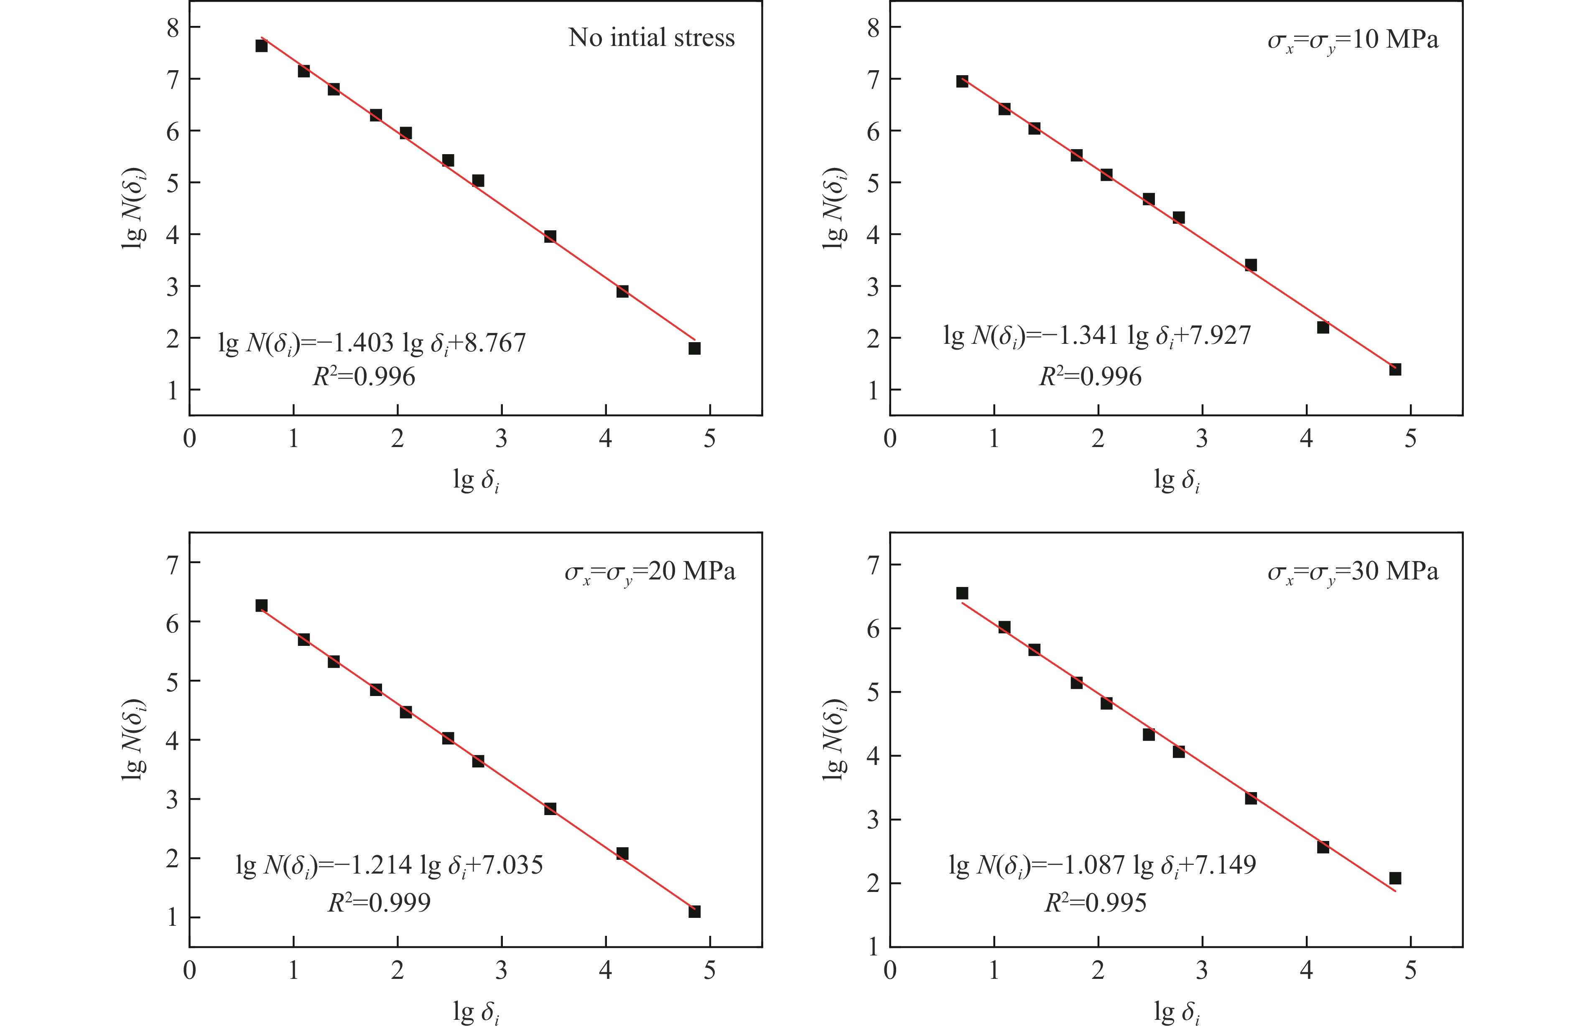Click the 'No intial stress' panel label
click(x=651, y=38)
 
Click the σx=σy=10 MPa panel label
click(x=1353, y=40)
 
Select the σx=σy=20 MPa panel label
click(x=650, y=572)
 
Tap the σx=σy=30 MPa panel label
click(x=1353, y=572)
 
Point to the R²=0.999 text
click(x=379, y=902)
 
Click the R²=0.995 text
click(x=1096, y=902)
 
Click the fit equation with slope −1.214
click(x=389, y=865)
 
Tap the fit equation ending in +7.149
click(x=1102, y=865)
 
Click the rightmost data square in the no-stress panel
click(x=694, y=348)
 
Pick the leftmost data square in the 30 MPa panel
click(x=962, y=593)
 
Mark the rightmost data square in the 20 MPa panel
click(x=694, y=911)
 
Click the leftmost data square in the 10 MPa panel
click(x=962, y=81)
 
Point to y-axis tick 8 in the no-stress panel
click(x=173, y=27)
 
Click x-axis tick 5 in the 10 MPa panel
click(x=1410, y=439)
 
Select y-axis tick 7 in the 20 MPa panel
click(x=173, y=564)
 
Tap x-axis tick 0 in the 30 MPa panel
click(x=890, y=970)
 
